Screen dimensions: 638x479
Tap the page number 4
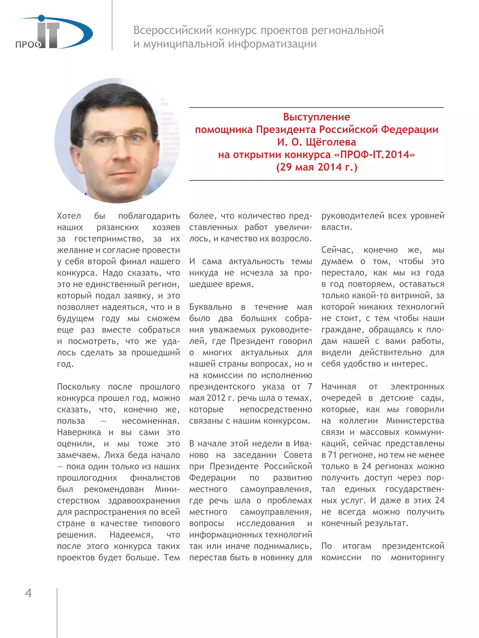tap(28, 593)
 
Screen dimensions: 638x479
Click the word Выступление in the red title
tap(316, 117)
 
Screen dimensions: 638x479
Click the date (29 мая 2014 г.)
tap(316, 167)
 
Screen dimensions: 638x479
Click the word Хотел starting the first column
tap(69, 216)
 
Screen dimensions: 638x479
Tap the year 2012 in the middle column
tap(216, 398)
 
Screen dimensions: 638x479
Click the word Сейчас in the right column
tap(337, 250)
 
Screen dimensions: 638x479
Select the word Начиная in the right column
tap(338, 386)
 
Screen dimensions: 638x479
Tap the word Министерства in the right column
tap(415, 421)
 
